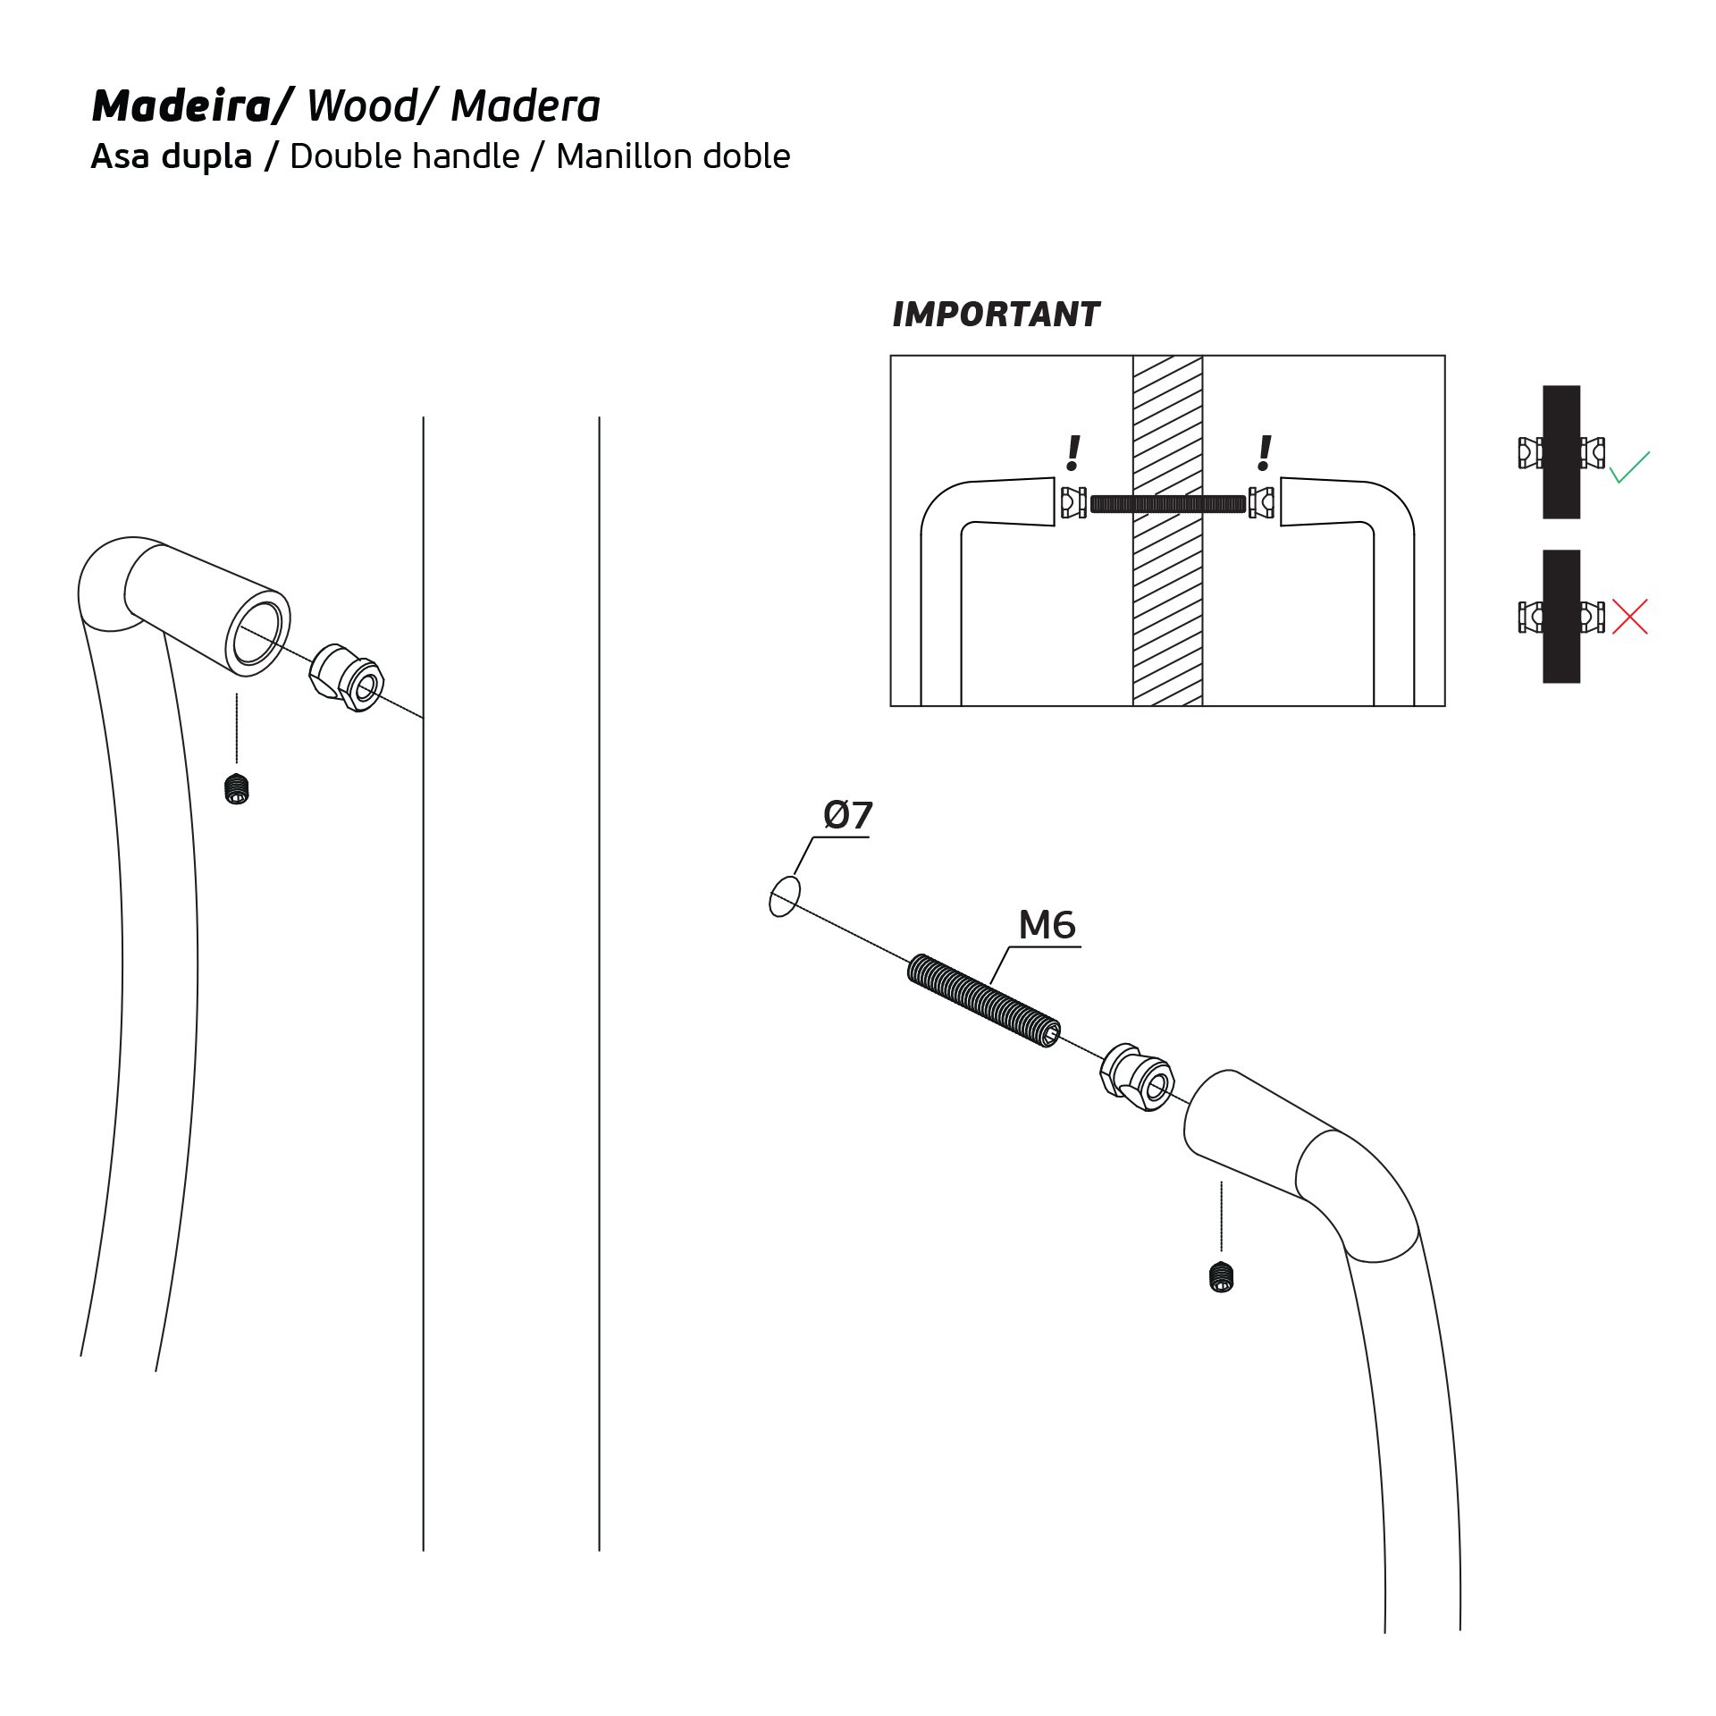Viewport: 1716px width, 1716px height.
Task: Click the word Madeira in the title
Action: pos(182,106)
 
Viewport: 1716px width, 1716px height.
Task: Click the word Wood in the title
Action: pos(361,106)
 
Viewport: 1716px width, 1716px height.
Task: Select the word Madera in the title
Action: pos(526,106)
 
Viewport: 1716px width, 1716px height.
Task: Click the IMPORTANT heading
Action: pos(996,315)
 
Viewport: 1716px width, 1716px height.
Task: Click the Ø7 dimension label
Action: pos(847,815)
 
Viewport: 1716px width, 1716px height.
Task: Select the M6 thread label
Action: pos(1047,925)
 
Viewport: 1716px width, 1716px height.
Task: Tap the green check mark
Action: pos(1629,467)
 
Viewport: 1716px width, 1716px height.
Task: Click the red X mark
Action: pos(1630,617)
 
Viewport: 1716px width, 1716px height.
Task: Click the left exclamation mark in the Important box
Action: pos(1073,453)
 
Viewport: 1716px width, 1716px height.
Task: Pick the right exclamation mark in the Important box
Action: pos(1264,453)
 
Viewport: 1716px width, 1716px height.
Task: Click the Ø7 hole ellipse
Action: pos(785,896)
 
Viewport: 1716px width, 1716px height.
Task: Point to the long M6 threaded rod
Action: pos(983,1000)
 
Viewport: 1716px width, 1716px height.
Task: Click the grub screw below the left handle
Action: pos(237,789)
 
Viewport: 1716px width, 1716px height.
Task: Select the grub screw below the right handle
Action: pos(1221,1277)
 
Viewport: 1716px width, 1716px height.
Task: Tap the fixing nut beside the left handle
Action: pos(348,677)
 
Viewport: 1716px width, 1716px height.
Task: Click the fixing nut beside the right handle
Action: pos(1137,1077)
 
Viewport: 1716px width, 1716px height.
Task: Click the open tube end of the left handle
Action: pos(257,633)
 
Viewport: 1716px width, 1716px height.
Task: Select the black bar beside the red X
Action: pos(1561,617)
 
